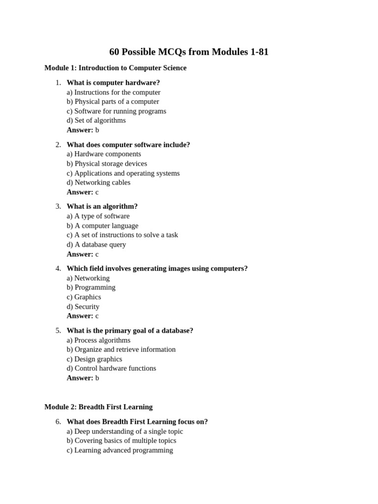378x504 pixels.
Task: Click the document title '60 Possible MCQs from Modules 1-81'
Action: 189,52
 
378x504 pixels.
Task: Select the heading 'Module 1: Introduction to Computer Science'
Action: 115,68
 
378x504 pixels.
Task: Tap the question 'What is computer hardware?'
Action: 113,83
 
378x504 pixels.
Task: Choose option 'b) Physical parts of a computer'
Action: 113,101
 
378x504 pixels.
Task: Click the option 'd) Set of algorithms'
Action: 96,120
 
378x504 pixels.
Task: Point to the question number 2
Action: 58,145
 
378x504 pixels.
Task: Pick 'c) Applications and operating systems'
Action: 123,173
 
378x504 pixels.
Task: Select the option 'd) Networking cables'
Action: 98,182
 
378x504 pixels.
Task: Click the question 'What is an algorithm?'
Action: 102,206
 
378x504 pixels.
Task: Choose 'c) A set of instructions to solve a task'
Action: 122,235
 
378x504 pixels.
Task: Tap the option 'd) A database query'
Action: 96,244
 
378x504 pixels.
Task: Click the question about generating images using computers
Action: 157,268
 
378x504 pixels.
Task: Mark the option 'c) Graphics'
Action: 84,297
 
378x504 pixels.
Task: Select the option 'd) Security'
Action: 83,306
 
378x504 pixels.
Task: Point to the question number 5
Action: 58,330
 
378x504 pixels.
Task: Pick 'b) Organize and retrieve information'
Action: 121,349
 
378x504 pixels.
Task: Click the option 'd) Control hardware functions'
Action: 111,368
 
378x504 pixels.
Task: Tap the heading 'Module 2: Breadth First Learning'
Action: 98,407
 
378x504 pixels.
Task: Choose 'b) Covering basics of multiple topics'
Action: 121,441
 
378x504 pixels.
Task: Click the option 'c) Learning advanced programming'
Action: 120,450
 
